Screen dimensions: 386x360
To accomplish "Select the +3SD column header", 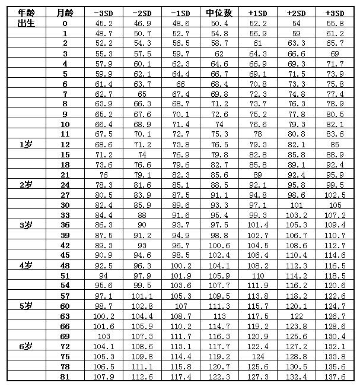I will tap(336, 12).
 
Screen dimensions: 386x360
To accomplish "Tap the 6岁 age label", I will tap(25, 346).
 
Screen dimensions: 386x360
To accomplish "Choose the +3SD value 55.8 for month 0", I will tap(336, 23).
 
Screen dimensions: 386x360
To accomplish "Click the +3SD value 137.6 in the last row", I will tap(336, 376).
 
